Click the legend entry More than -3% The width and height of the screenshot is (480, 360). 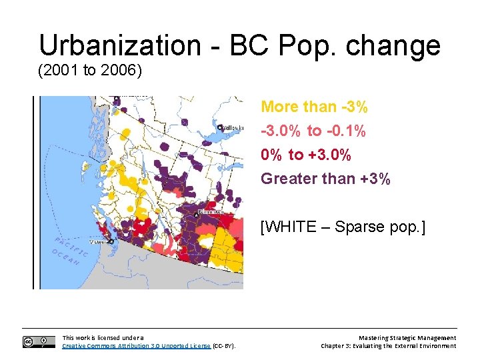click(314, 107)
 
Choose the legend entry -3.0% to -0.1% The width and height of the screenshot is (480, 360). click(313, 131)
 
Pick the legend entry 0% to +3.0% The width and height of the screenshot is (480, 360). click(306, 155)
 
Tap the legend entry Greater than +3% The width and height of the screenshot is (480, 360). click(325, 179)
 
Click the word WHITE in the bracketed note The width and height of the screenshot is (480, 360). click(291, 227)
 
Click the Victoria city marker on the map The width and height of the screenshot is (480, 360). click(110, 242)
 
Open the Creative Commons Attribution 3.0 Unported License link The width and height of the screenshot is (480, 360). click(136, 346)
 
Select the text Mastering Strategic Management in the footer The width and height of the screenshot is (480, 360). click(407, 338)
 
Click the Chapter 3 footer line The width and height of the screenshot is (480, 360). click(388, 346)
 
